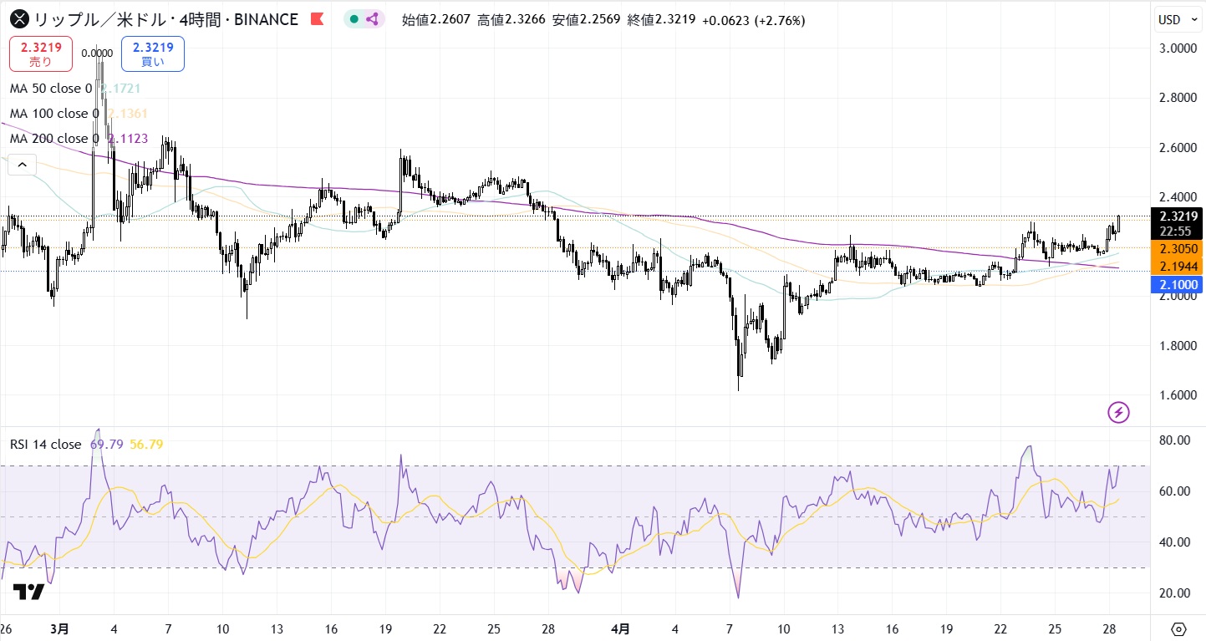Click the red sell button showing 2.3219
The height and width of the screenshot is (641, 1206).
41,53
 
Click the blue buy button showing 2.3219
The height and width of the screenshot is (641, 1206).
152,53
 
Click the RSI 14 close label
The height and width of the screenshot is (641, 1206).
45,445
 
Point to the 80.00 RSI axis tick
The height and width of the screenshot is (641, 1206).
1176,440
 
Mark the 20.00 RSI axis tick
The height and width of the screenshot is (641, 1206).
1176,593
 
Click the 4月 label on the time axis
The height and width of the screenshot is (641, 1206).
619,628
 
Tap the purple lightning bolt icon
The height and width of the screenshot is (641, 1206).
1118,412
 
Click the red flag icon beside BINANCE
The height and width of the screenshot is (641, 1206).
317,19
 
